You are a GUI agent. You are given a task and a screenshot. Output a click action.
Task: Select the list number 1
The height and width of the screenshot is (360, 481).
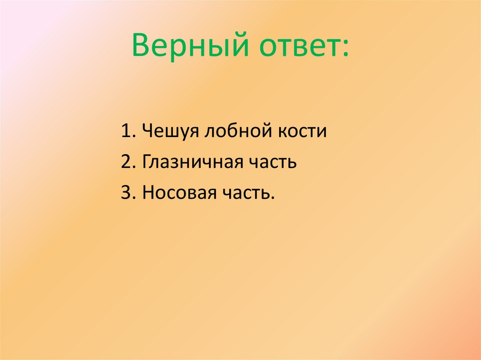point(125,131)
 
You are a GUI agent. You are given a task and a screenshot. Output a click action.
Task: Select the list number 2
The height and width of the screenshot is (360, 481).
point(125,162)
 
